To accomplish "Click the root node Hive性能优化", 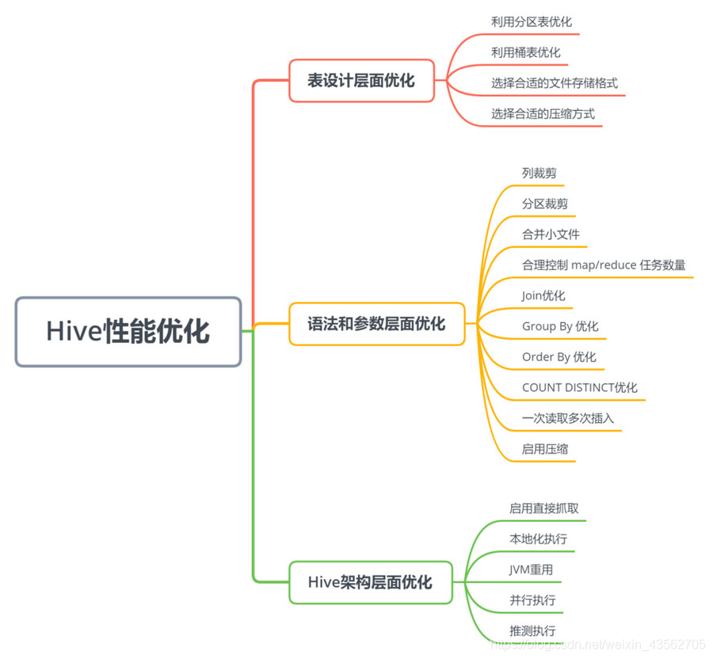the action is tap(128, 332).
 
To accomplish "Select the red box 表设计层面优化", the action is tap(361, 81).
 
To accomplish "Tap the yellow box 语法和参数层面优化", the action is tap(376, 324).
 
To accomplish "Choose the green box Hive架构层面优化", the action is tap(370, 583).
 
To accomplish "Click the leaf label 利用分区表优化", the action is tap(531, 22).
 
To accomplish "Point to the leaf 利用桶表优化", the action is tap(525, 52).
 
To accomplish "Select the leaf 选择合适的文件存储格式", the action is tap(554, 83).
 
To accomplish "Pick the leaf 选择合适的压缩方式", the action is tap(543, 114).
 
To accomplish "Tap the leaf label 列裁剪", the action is tap(539, 173).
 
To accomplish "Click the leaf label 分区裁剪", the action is tap(544, 204).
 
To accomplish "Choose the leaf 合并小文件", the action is tap(551, 234).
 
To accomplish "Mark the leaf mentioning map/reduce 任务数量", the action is tap(604, 265).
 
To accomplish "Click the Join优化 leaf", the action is tap(543, 295).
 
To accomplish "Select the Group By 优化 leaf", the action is tap(560, 326).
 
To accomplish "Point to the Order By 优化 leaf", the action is tap(559, 357).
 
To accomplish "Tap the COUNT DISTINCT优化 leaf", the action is tap(579, 388).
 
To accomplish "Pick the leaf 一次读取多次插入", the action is tap(567, 418).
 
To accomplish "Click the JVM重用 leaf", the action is tap(531, 569).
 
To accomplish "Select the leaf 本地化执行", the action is tap(538, 539).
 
